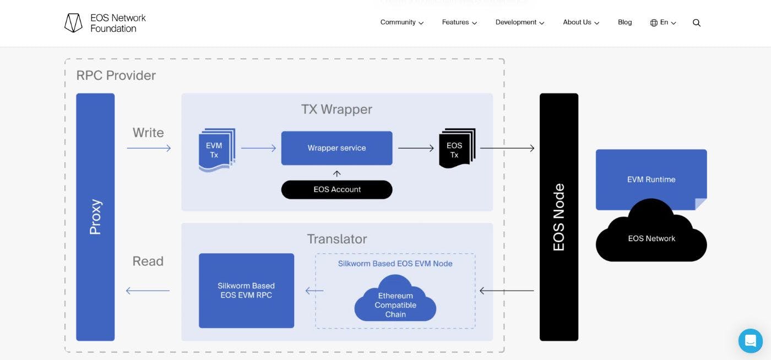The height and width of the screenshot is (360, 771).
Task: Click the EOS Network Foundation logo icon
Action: [73, 23]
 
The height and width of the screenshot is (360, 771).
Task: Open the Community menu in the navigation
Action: [401, 23]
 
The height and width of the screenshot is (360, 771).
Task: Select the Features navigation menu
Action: [459, 23]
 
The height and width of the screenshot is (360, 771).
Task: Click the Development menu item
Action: [519, 23]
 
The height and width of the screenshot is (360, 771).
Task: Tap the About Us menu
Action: [580, 23]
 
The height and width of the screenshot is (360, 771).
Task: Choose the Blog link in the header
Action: [625, 23]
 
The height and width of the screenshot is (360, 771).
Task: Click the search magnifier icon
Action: [697, 23]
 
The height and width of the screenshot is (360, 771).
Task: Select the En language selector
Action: [663, 23]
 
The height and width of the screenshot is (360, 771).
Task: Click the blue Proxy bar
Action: [95, 217]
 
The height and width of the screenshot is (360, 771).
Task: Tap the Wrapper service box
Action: [336, 148]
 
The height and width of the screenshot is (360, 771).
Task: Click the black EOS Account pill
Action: [336, 189]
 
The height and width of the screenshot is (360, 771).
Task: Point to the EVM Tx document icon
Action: [216, 150]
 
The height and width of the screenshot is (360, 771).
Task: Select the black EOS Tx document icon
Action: [456, 149]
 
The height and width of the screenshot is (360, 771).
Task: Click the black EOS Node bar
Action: [558, 217]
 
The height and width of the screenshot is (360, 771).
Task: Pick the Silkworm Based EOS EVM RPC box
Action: [246, 291]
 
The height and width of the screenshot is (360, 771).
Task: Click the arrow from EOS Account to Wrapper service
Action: [336, 173]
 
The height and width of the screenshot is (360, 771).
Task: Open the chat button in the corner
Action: [750, 341]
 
